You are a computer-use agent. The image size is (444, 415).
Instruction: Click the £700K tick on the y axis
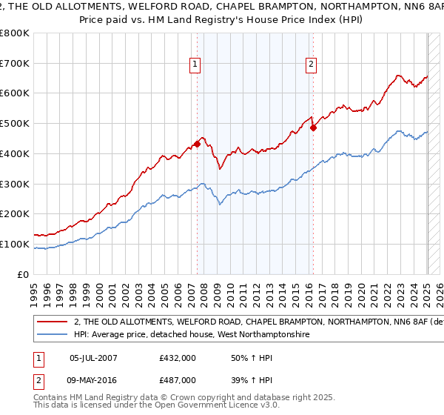[16, 64]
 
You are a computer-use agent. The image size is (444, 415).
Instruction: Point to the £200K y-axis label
[16, 214]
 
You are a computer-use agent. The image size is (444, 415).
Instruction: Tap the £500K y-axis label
[16, 124]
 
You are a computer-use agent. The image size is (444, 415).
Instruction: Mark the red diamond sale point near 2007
[198, 144]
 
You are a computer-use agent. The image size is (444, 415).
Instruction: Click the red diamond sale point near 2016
[313, 127]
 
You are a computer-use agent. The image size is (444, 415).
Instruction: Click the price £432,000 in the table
[178, 359]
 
